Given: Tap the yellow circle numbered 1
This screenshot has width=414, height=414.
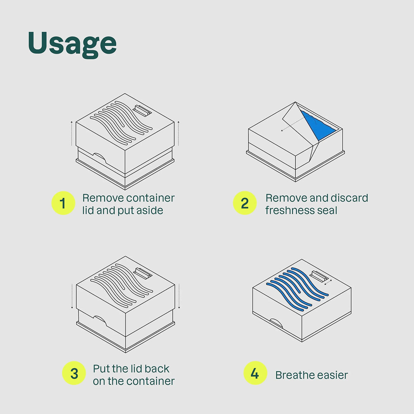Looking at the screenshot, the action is [x=63, y=203].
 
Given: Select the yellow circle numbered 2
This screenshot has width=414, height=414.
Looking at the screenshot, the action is [x=245, y=203].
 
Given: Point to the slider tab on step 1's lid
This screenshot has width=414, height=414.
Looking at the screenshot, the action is [x=142, y=111].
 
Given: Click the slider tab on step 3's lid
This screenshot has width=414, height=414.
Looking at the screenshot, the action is [x=142, y=274].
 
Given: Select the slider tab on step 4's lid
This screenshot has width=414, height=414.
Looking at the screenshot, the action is [x=319, y=277].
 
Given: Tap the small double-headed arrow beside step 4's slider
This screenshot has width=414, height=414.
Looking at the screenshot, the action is [x=328, y=282].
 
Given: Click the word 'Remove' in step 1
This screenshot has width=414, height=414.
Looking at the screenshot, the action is [x=100, y=198].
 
